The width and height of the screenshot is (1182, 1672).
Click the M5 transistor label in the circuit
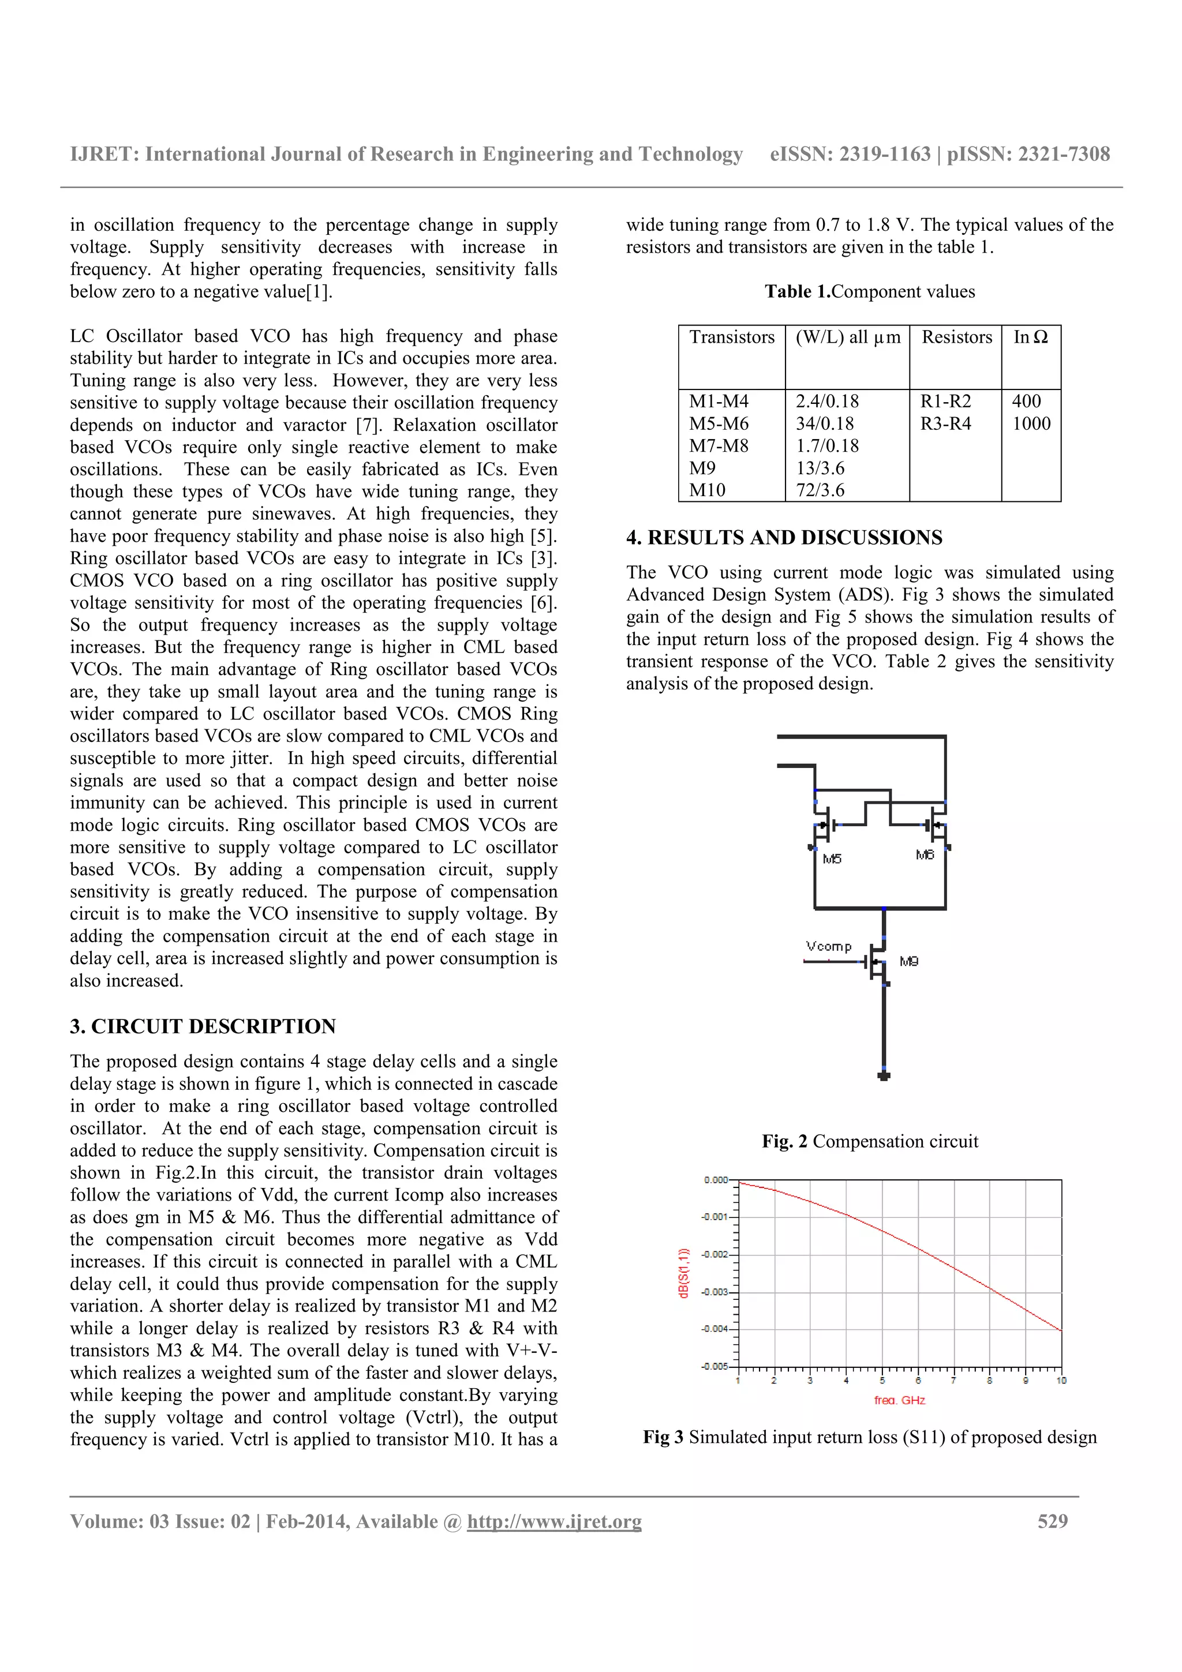click(x=832, y=859)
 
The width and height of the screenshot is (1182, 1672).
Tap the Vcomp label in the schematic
click(x=828, y=946)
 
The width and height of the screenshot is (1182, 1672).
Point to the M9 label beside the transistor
click(x=909, y=961)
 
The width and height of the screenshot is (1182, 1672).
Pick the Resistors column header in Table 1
click(x=956, y=337)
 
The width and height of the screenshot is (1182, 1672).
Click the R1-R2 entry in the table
click(x=945, y=401)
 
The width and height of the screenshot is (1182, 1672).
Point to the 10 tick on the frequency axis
click(x=1061, y=1381)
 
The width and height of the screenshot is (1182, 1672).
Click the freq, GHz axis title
click(x=899, y=1400)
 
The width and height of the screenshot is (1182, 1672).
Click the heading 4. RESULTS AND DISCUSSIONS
click(x=784, y=538)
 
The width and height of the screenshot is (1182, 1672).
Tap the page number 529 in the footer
click(x=1052, y=1521)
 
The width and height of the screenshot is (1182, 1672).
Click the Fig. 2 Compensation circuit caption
click(x=870, y=1141)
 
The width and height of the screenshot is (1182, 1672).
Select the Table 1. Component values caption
click(x=870, y=291)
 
